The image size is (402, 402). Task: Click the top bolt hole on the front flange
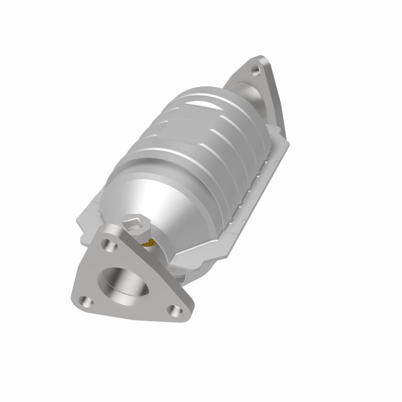coord(106,245)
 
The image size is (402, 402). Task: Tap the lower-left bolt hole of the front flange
coord(87,303)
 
